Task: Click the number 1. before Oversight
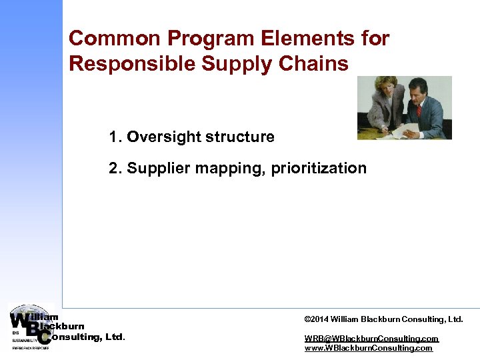[116, 137]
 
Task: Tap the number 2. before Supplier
[116, 168]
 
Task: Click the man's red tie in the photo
[419, 110]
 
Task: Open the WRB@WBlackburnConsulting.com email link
[371, 339]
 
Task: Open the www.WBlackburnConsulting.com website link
[368, 348]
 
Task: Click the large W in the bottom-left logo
[20, 321]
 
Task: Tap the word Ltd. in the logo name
[115, 337]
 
